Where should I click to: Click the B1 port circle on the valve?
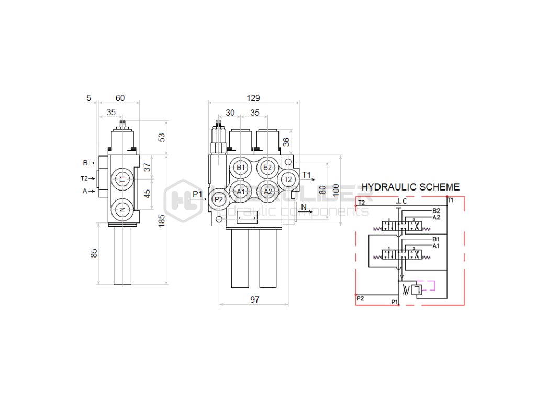pos(241,167)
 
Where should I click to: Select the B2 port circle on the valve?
pos(267,167)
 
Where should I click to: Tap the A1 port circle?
pos(241,192)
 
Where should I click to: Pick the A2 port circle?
pos(267,192)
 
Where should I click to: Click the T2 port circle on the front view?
pos(287,180)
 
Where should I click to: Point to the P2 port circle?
pos(219,199)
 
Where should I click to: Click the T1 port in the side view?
pos(122,180)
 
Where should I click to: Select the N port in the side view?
pos(122,209)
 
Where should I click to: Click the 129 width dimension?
pos(253,98)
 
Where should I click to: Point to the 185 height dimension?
pos(162,220)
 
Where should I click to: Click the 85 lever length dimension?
pos(94,253)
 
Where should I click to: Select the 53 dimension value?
pos(162,137)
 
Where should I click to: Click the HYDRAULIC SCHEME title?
pos(411,187)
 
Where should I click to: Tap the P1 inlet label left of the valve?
pos(197,195)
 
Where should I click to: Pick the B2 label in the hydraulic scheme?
pos(436,211)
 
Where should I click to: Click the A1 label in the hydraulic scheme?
pos(435,245)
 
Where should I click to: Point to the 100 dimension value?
pos(336,188)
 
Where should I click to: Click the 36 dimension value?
pos(286,142)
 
